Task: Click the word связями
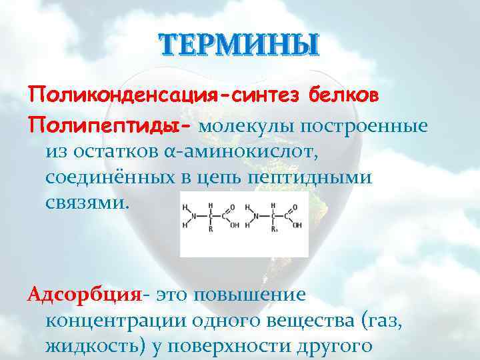pos(85,203)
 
